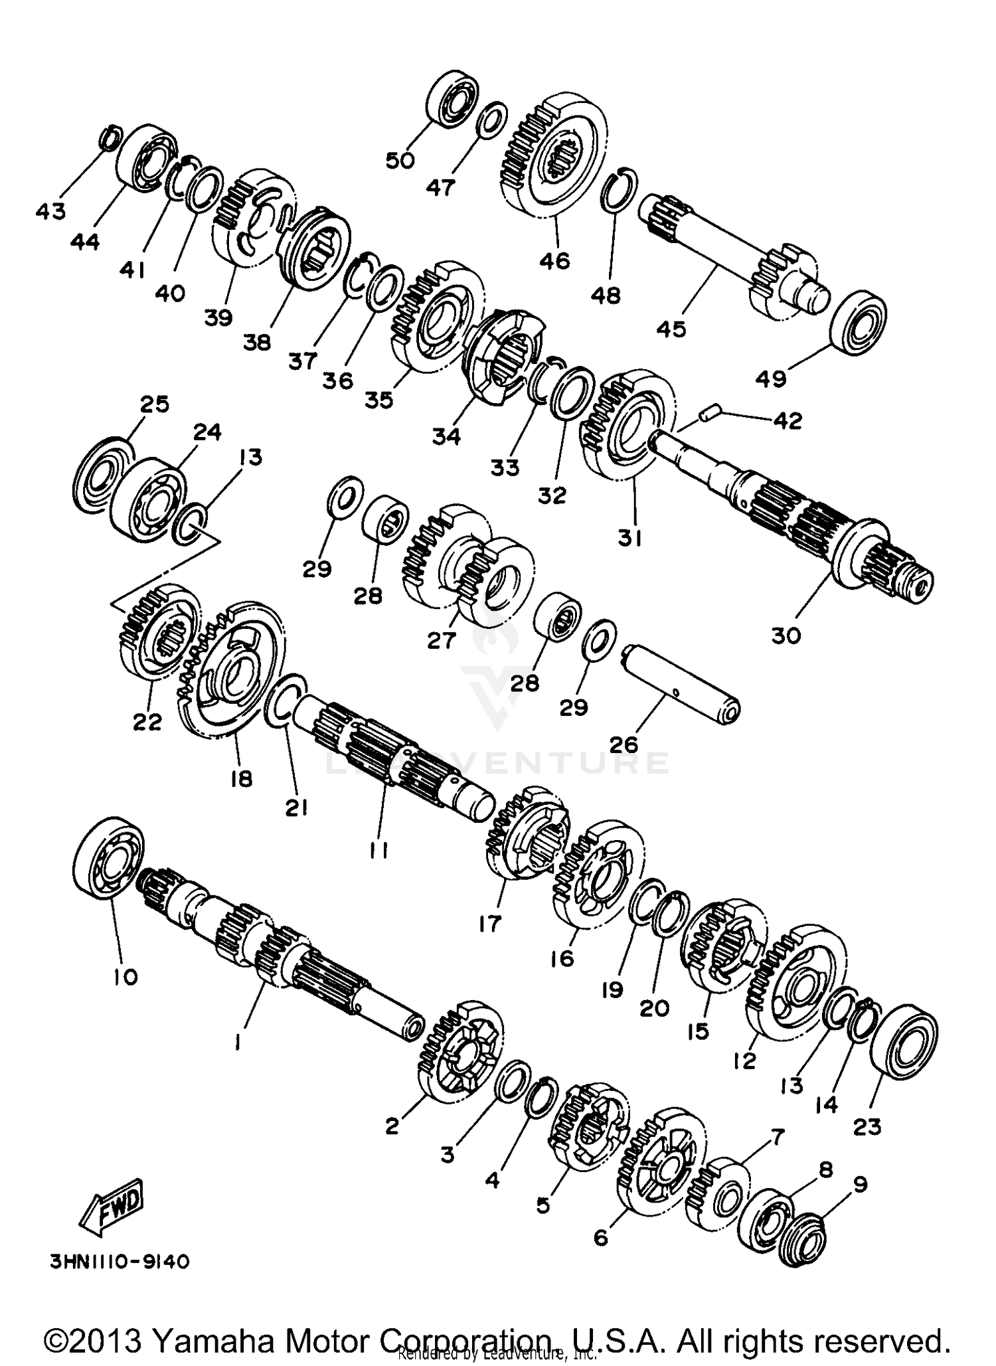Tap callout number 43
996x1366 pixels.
(x=50, y=211)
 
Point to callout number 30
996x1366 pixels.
(x=786, y=636)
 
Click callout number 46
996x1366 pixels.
(x=554, y=260)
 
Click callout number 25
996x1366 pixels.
(x=154, y=404)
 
